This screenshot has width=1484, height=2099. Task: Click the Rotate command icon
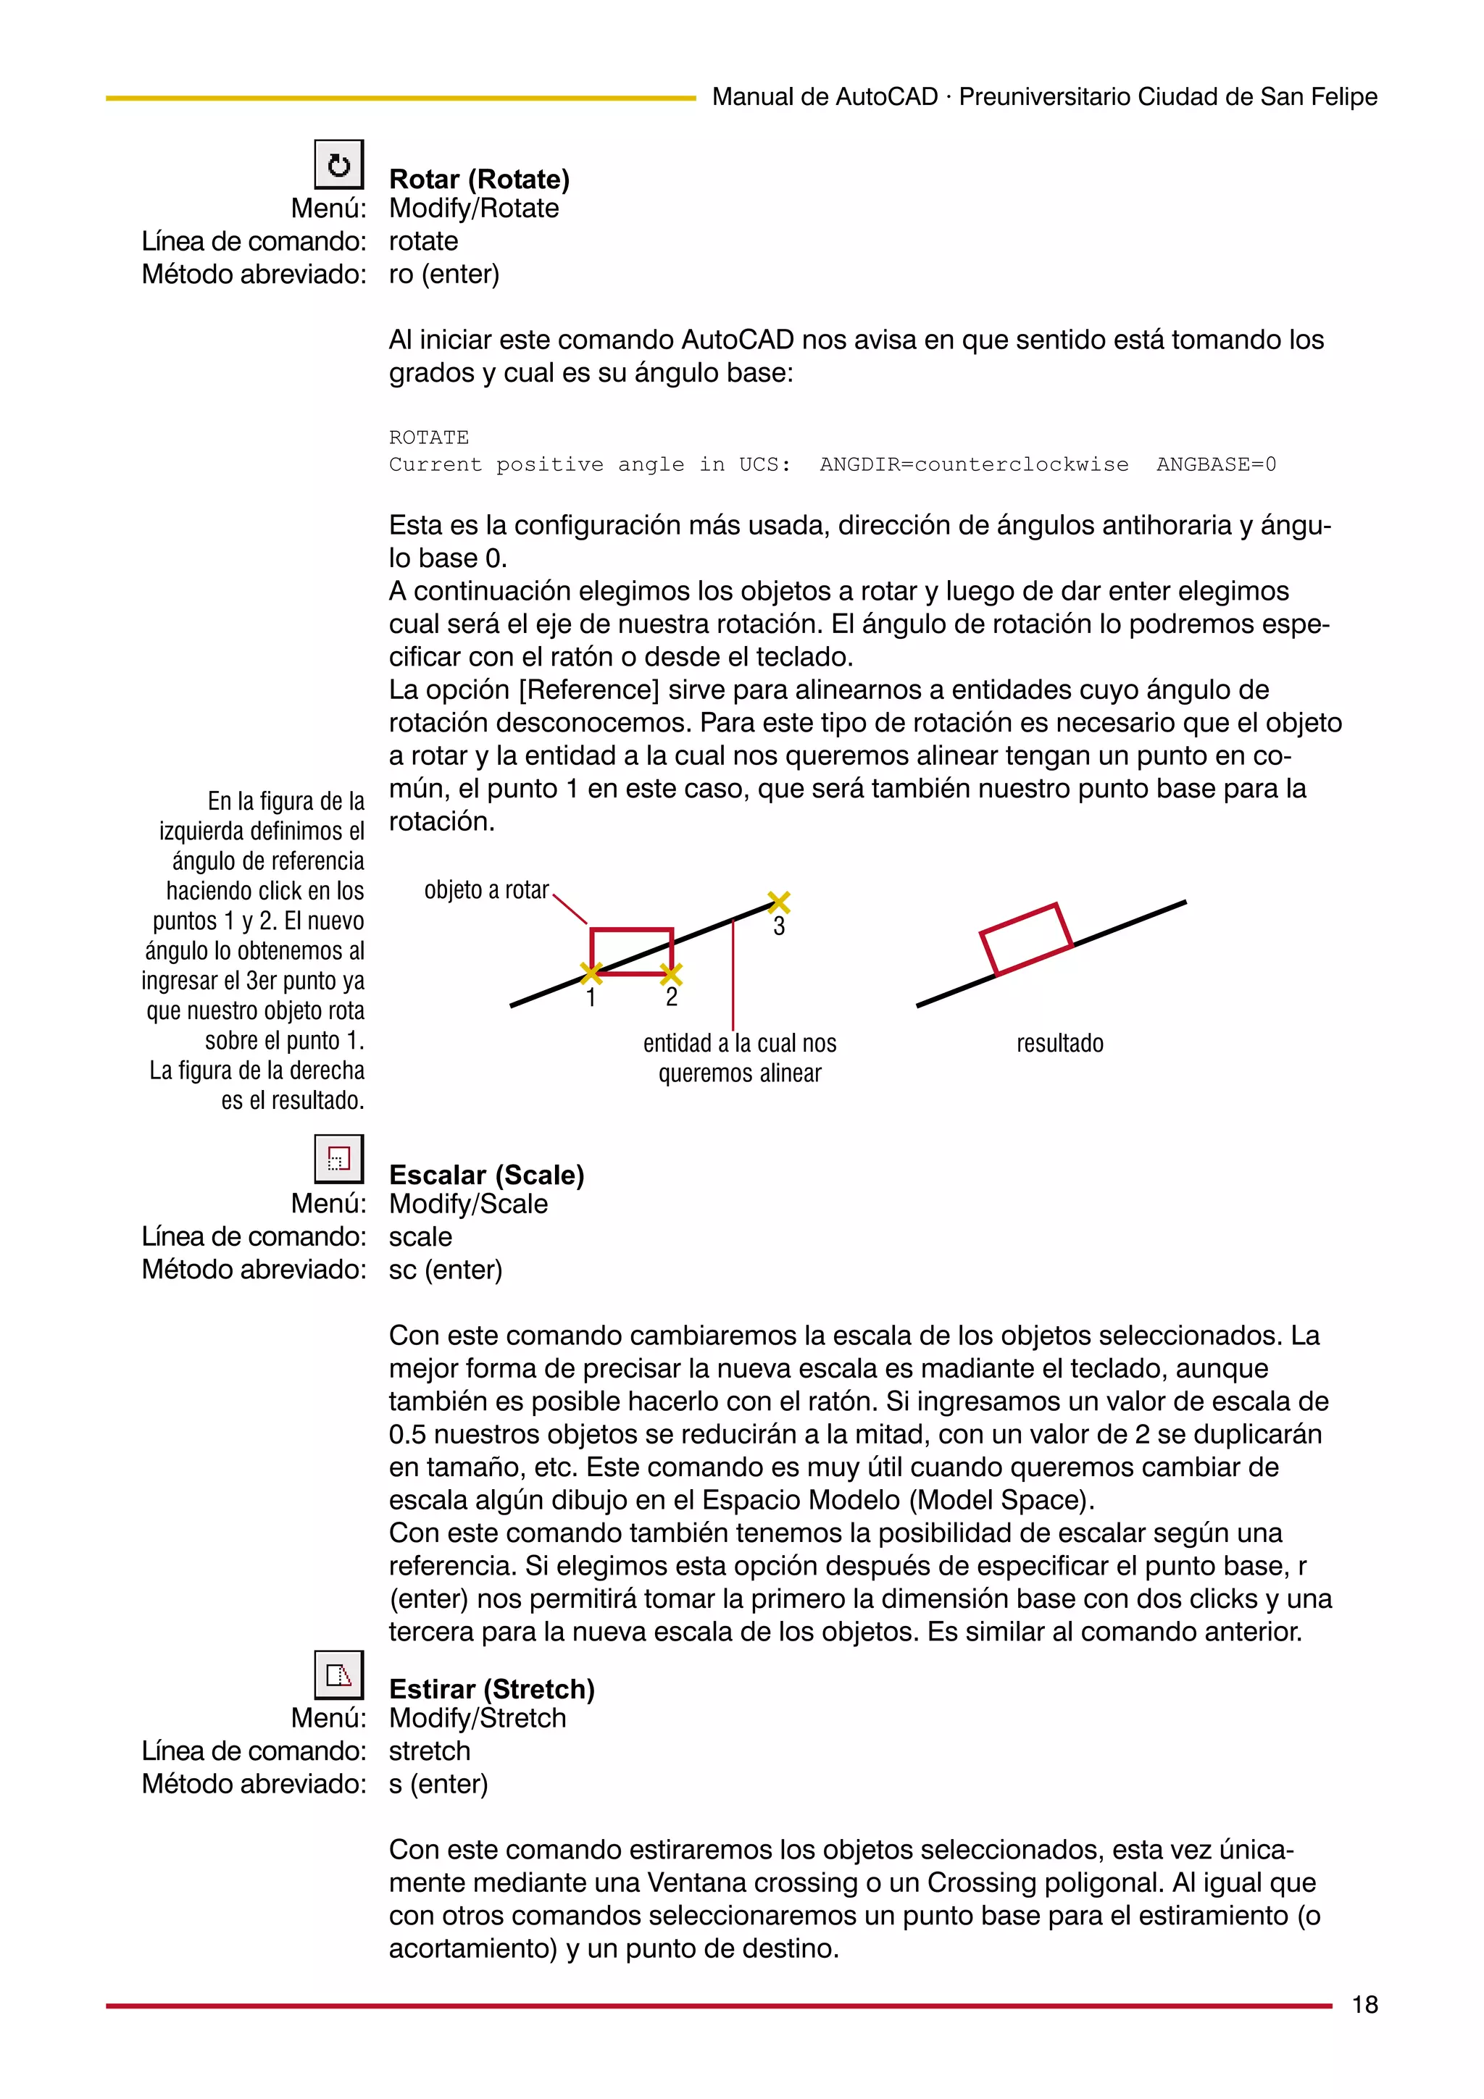point(338,164)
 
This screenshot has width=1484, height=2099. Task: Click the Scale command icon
point(338,1159)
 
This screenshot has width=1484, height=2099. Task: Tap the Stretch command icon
point(338,1675)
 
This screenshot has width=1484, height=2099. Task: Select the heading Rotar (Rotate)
point(479,179)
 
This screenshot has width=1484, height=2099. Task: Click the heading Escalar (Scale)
point(486,1175)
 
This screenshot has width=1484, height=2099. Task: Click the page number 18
point(1364,2005)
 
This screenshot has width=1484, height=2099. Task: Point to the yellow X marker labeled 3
point(778,902)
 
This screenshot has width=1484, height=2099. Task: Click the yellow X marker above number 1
point(591,973)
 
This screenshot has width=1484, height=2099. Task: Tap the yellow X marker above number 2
point(671,973)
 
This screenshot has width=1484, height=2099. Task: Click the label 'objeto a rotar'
point(486,889)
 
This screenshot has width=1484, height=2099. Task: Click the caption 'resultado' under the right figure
point(1059,1043)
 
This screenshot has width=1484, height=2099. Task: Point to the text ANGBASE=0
point(1215,464)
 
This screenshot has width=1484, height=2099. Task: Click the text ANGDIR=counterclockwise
point(974,464)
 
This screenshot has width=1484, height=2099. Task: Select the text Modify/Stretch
point(478,1718)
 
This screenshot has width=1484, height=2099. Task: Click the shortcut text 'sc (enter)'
point(446,1269)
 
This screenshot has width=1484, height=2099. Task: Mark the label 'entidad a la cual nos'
point(740,1043)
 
